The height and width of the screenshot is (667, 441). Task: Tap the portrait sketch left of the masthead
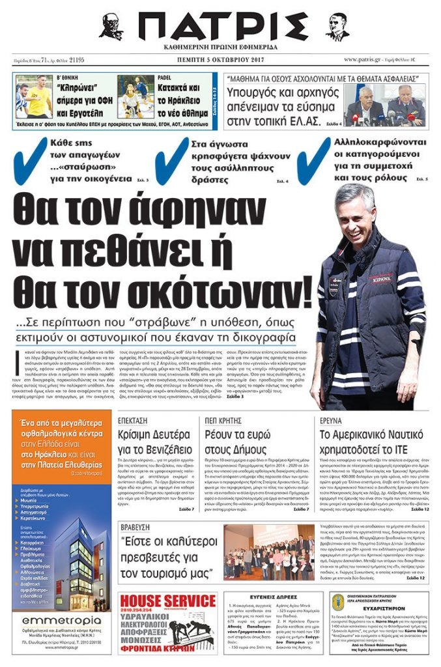[x=111, y=27]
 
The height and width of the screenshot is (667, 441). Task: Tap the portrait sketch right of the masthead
[x=337, y=27]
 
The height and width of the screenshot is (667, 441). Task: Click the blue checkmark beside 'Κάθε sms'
[x=31, y=158]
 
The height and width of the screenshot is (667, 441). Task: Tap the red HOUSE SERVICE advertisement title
[x=167, y=599]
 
